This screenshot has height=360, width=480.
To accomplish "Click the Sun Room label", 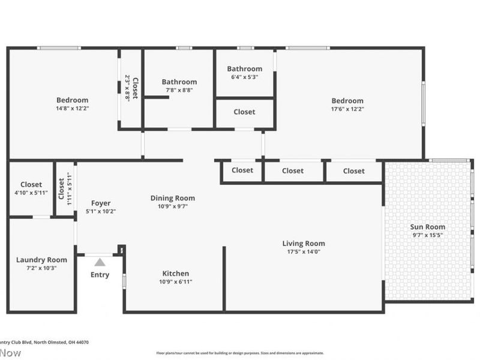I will coord(427,227).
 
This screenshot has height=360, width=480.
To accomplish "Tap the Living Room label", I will coord(304,244).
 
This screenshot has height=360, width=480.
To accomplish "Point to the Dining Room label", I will coord(172,198).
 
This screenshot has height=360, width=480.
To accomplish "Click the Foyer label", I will coord(101,203).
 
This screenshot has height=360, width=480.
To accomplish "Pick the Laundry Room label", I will coord(41,260).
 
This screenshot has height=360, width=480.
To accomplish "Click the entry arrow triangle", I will coord(100,262).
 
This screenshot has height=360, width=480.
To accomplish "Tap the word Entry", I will coord(100,275).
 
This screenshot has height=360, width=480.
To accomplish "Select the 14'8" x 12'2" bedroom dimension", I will coord(73,109).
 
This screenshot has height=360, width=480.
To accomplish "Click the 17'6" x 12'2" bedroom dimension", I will coord(347,109).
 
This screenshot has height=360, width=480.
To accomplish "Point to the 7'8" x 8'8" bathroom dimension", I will coord(179,90).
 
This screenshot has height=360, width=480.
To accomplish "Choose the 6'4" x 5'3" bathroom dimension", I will coord(244,77).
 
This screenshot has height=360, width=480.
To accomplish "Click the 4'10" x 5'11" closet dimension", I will coord(31,193).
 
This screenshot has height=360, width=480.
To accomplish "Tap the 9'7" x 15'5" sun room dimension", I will coord(427,235).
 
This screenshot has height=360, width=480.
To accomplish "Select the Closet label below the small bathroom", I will coord(244,112).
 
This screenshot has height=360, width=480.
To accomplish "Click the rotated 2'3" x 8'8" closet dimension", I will coord(127,88).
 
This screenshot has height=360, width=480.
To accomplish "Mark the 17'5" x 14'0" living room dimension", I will coord(304,252).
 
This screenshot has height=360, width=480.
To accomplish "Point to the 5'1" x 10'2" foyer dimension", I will coord(101,211).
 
